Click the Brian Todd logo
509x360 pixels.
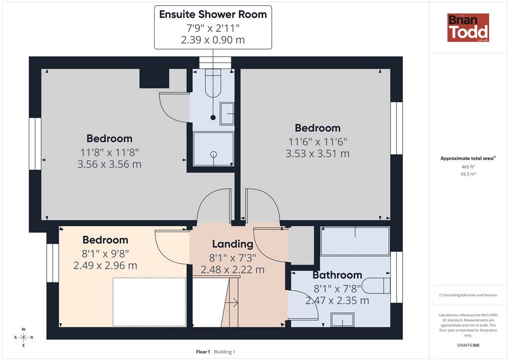[x=468, y=27]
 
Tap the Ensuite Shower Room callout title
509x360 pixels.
[x=213, y=14]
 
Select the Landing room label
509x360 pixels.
[x=233, y=244]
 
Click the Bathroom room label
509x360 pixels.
[x=338, y=275]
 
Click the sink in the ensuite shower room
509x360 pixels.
[x=227, y=113]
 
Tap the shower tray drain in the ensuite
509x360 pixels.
[x=213, y=155]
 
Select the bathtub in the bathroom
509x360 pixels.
[x=355, y=241]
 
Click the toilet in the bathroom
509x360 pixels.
[x=377, y=285]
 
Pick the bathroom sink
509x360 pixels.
[x=342, y=319]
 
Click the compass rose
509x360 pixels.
[x=23, y=337]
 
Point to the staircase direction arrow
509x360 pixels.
[x=232, y=303]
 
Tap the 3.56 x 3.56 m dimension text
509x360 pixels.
[x=109, y=164]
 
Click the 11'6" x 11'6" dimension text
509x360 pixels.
[x=318, y=142]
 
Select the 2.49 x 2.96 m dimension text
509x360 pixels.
[x=105, y=266]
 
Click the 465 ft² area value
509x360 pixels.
[x=468, y=167]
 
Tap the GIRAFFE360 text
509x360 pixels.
[x=468, y=345]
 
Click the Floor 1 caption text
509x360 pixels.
[x=203, y=352]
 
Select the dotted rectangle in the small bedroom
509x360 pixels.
[x=149, y=302]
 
